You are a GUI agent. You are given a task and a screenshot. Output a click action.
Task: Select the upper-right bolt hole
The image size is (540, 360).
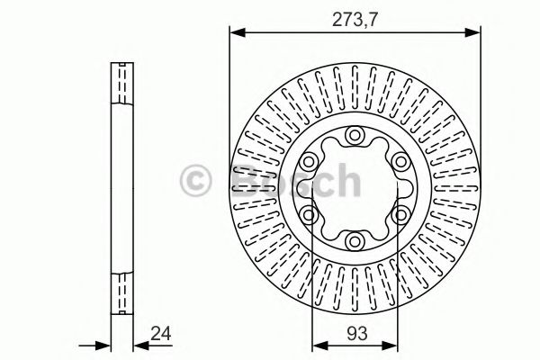pos(400,161)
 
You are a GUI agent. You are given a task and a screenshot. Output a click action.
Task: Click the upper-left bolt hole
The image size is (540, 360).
pos(310,161)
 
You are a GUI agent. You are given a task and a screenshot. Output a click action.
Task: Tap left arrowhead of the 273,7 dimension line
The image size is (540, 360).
pos(237,33)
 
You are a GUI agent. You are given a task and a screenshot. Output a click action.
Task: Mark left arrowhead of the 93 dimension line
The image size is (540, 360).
pos(317,345)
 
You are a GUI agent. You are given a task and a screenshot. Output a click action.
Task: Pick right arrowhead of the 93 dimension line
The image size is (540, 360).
pos(393,345)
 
